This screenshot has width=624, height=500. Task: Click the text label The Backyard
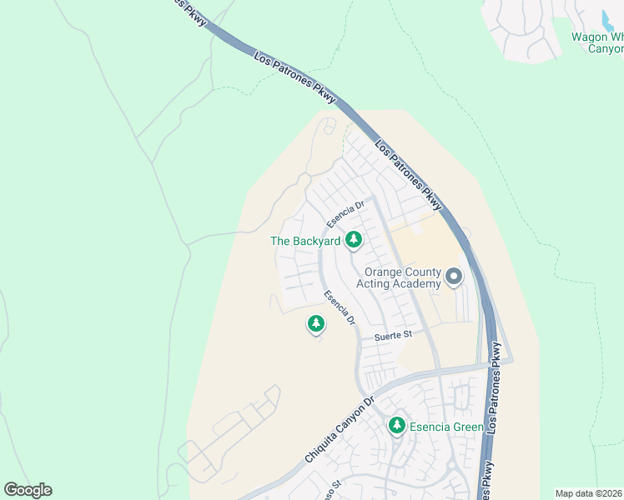point(305,241)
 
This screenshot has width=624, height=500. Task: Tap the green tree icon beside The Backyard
point(354,240)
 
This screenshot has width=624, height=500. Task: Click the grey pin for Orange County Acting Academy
point(453,275)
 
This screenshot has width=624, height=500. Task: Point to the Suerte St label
point(394,334)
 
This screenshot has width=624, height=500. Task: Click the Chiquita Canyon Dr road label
point(341,429)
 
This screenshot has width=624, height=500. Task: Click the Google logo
point(28,490)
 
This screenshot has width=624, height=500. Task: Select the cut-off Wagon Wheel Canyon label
point(596,42)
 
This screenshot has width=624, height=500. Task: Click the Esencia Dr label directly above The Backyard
point(346,214)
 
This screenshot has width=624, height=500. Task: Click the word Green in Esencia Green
point(467,427)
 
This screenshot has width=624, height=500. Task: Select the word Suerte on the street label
point(388,334)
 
